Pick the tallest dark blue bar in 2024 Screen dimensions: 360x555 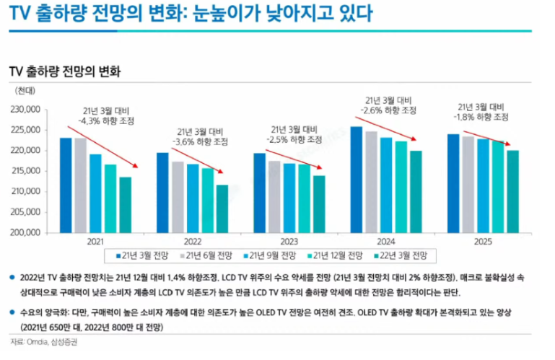pos(356,180)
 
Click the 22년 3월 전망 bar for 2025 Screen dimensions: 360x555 pos(513,191)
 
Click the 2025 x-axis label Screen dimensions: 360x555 pos(483,243)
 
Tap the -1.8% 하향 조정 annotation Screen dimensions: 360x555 pos(481,116)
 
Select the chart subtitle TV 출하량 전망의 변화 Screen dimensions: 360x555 pos(64,72)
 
